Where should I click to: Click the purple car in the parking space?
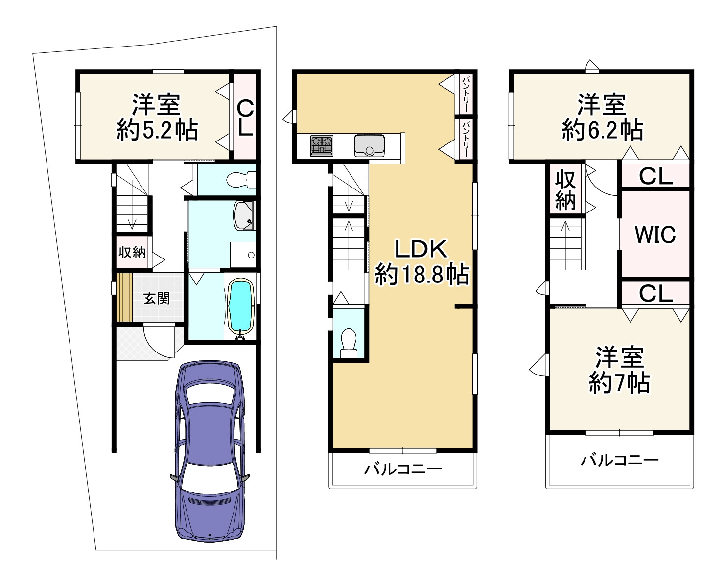(210, 450)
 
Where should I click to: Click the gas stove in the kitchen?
(322, 146)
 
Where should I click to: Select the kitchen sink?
(369, 146)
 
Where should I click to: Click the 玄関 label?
(156, 299)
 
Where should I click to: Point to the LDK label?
(421, 249)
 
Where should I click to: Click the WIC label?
(655, 234)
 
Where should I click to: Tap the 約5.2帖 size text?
(157, 130)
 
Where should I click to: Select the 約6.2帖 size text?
(602, 130)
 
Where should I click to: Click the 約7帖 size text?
(619, 383)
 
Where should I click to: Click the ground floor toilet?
(241, 179)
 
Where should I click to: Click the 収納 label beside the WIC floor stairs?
(565, 190)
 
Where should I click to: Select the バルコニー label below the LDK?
(403, 469)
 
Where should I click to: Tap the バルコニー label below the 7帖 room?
(619, 461)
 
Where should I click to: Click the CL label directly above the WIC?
(656, 176)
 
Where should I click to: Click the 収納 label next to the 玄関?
(132, 252)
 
